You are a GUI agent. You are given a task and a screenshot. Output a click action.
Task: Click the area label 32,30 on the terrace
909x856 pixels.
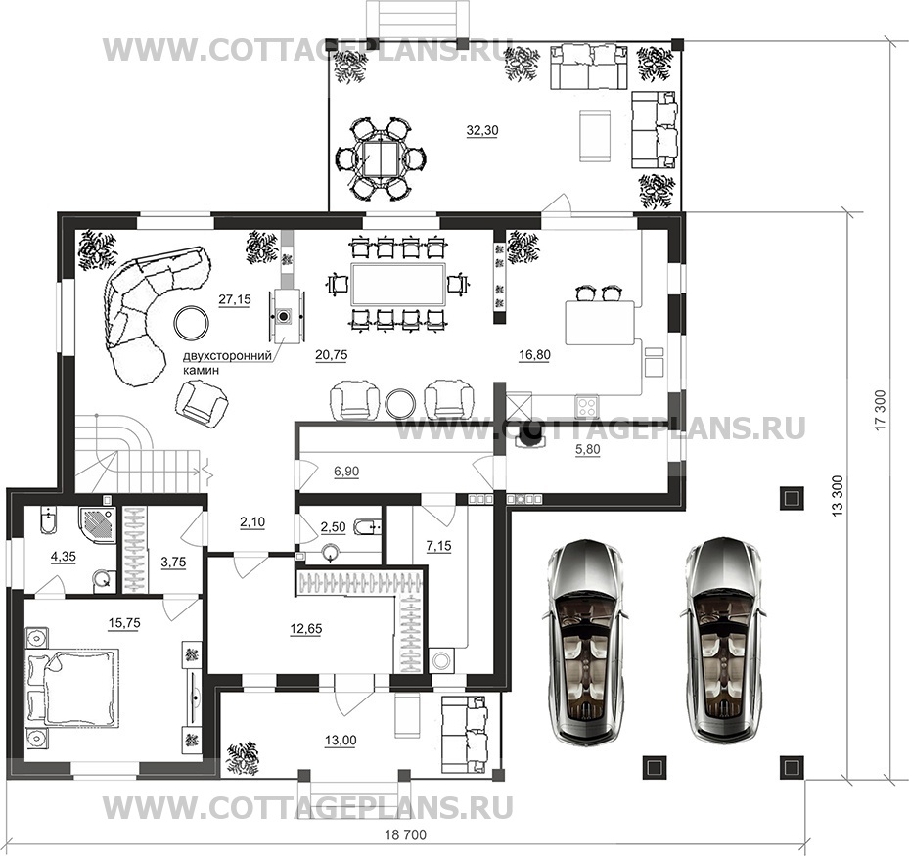tap(482, 131)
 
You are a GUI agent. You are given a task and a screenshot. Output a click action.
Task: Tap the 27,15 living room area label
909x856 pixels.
tap(235, 299)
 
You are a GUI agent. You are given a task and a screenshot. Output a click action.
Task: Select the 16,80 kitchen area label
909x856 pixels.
tap(534, 355)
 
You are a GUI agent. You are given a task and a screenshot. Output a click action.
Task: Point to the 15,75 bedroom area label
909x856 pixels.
tap(124, 623)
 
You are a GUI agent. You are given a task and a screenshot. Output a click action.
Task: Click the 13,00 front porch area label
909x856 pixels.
tap(341, 741)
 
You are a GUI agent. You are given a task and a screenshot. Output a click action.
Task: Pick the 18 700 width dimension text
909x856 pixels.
tap(406, 834)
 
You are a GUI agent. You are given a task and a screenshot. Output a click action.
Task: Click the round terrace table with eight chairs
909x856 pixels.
tap(381, 159)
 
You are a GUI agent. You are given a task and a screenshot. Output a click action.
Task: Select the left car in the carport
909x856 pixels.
tap(585, 642)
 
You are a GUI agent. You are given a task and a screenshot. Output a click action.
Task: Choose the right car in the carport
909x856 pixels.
tap(723, 642)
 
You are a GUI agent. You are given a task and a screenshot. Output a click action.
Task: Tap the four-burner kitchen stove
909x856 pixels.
tap(587, 406)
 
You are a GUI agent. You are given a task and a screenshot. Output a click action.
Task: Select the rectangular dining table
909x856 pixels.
tap(399, 284)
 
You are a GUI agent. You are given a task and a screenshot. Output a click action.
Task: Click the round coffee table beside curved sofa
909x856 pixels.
tap(192, 322)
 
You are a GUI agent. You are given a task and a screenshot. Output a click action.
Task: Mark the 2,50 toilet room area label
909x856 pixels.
tap(333, 527)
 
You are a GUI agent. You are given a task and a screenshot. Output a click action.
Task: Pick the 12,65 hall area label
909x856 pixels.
tap(305, 629)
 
